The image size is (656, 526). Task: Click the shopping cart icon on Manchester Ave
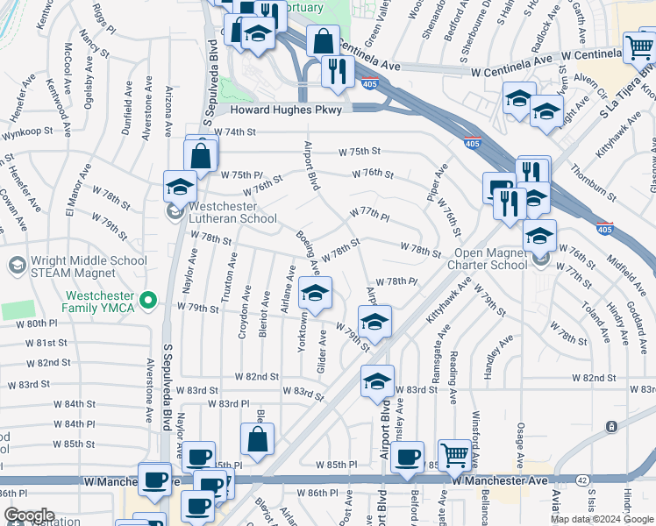click(454, 453)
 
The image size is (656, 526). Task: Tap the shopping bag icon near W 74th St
click(201, 156)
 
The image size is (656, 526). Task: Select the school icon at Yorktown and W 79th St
click(316, 292)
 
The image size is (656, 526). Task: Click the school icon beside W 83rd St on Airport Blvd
click(378, 380)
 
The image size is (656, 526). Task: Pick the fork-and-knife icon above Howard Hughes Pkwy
click(337, 69)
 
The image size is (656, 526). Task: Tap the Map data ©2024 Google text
click(603, 519)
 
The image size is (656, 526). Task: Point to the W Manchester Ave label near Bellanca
click(500, 481)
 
